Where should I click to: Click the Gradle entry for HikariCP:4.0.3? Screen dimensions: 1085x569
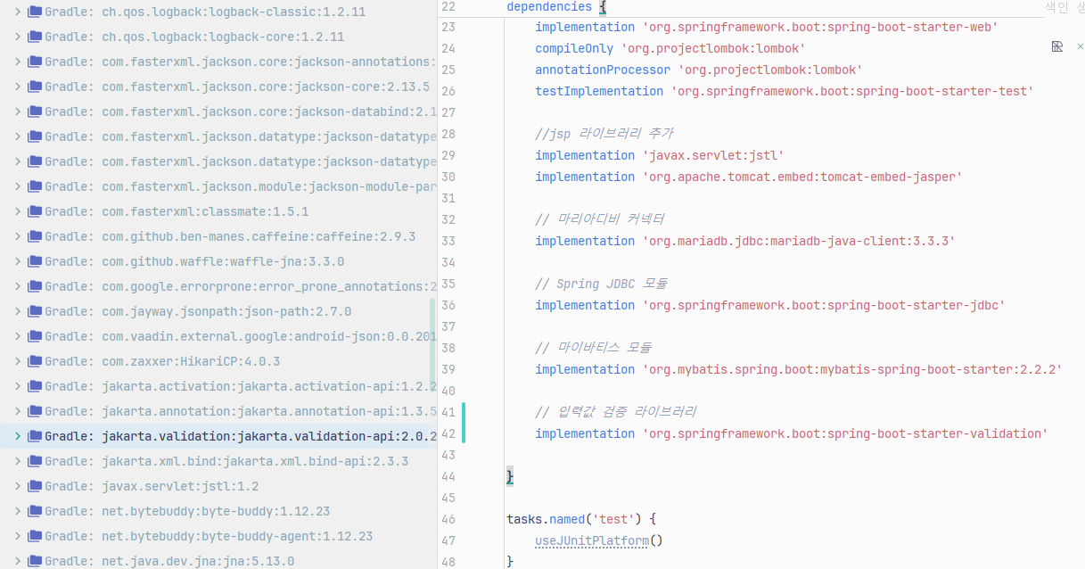(x=191, y=361)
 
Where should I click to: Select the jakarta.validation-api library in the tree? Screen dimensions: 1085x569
(x=267, y=436)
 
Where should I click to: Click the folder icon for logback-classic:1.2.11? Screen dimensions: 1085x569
(x=35, y=12)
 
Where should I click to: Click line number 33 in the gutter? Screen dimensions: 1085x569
(x=448, y=241)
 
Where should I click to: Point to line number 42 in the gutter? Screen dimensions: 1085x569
(x=448, y=433)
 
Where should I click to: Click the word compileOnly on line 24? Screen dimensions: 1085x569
(x=574, y=48)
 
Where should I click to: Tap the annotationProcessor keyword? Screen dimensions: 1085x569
(x=603, y=70)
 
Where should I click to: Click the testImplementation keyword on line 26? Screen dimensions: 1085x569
(x=599, y=91)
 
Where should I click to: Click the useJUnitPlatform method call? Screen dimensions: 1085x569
(x=592, y=540)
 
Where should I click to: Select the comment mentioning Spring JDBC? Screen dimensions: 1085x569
(x=601, y=284)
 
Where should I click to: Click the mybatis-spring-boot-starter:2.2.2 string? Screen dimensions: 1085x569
(x=852, y=369)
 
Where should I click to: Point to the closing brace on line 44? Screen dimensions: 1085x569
(x=510, y=476)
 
